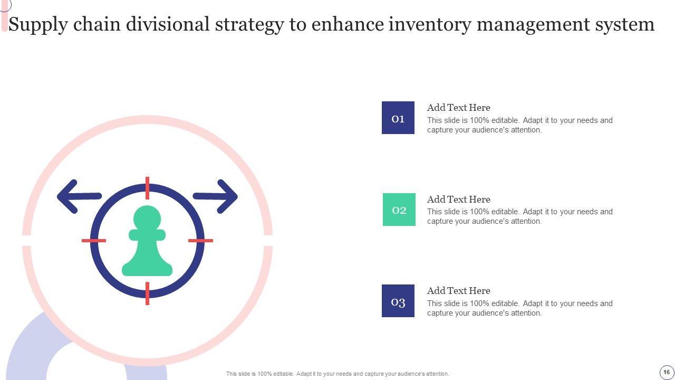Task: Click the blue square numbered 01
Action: pos(398,118)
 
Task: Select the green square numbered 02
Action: pos(399,210)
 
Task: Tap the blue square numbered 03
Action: pos(398,301)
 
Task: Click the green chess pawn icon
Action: pos(147,241)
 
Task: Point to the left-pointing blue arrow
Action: pos(79,197)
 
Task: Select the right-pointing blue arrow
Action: pos(215,197)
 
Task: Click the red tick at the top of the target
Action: pos(147,188)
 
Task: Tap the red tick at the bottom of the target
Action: pos(147,293)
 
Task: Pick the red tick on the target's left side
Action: pos(94,241)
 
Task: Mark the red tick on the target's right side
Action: pos(201,241)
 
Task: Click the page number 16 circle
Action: pos(666,372)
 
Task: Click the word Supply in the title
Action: pos(38,25)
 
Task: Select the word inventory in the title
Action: pos(430,24)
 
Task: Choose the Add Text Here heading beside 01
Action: pos(459,108)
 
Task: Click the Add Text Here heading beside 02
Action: pos(459,199)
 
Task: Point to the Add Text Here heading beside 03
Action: pos(459,291)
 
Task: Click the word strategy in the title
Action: pos(249,25)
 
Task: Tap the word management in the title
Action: pos(533,25)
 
